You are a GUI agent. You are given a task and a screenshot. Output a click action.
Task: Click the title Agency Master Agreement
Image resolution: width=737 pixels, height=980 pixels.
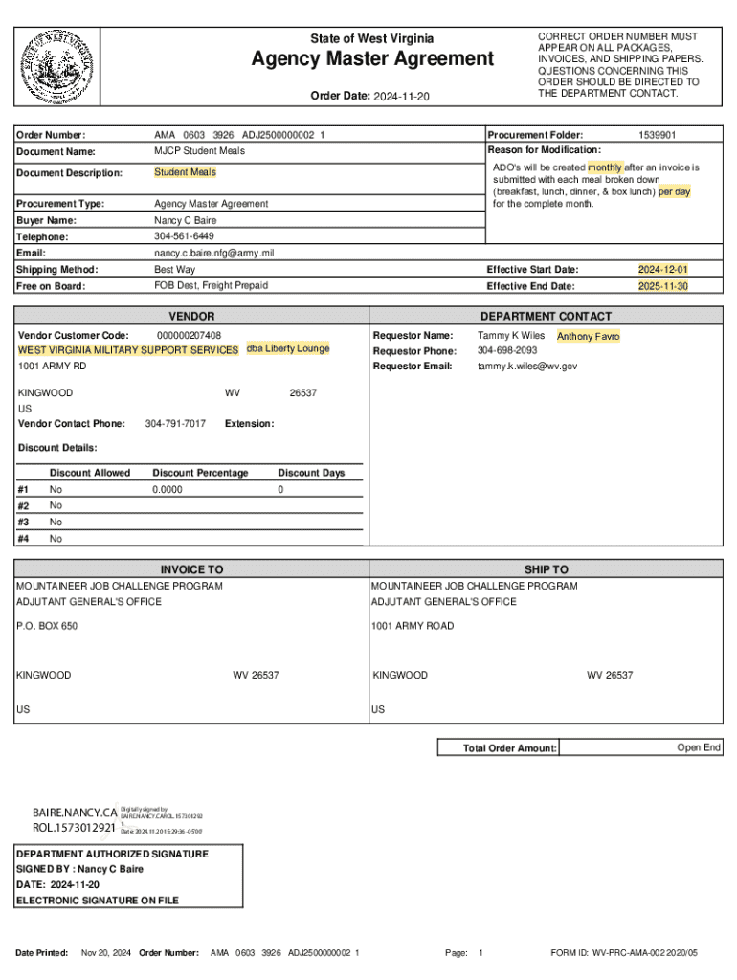(x=372, y=60)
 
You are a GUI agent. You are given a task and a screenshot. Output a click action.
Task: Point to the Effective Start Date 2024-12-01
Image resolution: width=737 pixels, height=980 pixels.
(x=663, y=270)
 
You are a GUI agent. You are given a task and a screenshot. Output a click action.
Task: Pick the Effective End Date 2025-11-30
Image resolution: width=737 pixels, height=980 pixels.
(x=663, y=286)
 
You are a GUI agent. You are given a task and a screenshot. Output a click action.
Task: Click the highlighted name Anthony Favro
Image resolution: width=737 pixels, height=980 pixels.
(x=588, y=337)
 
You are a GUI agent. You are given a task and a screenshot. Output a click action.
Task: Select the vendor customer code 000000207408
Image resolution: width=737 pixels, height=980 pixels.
(x=189, y=335)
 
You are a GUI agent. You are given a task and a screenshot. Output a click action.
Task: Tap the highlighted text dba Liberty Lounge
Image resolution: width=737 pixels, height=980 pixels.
(x=288, y=348)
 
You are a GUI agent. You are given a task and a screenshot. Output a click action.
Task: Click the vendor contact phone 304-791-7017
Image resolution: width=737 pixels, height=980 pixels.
(x=175, y=423)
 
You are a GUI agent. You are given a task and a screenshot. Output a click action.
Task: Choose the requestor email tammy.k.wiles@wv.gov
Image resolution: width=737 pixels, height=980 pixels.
(x=527, y=366)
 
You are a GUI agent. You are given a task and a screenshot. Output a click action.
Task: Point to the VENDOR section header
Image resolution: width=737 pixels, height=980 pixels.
(x=191, y=316)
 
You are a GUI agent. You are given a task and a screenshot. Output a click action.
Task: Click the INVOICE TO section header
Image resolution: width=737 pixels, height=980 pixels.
(x=191, y=569)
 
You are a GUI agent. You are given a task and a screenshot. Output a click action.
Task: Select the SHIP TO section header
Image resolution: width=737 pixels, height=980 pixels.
(x=546, y=569)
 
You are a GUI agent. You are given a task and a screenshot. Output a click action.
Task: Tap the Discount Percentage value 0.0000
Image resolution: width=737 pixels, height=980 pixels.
(x=167, y=489)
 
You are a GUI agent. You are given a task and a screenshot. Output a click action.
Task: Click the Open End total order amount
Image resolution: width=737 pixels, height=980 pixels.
(x=699, y=747)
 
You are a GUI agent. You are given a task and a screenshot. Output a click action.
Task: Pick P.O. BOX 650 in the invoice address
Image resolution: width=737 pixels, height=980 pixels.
(x=47, y=626)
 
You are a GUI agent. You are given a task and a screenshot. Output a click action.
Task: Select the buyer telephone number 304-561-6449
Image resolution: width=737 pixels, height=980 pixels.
(x=184, y=235)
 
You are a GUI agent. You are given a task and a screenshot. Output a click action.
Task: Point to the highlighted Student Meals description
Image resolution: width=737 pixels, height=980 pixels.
(x=186, y=172)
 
